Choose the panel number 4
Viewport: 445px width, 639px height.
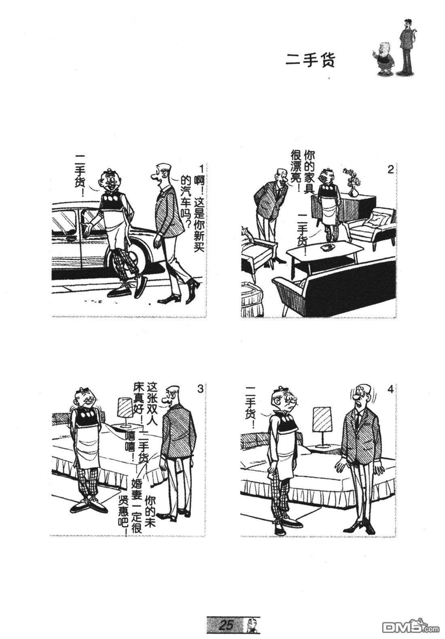click(x=390, y=389)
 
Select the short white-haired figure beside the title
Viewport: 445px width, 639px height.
click(x=384, y=60)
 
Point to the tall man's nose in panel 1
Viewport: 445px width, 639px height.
click(x=153, y=175)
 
